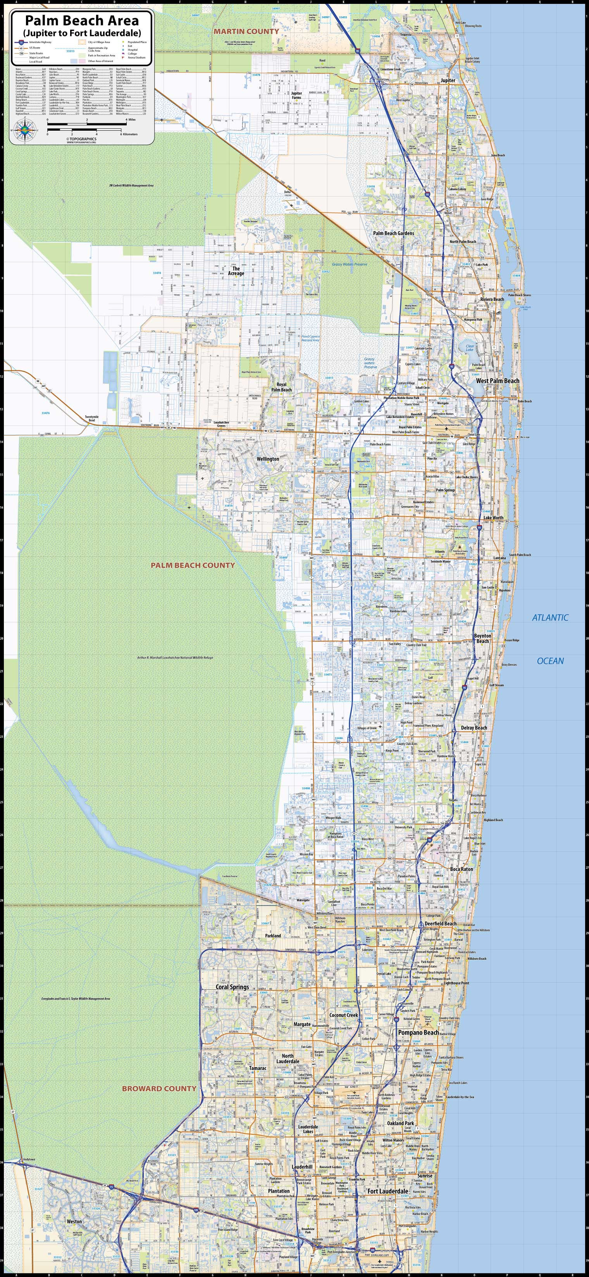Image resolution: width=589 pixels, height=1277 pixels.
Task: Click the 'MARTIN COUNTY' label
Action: (x=246, y=31)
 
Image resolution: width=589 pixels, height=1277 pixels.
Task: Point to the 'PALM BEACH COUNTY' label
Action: (x=193, y=565)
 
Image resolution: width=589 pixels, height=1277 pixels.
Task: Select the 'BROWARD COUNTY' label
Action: (x=159, y=1088)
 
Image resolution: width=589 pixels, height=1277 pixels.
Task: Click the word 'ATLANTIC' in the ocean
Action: (x=550, y=618)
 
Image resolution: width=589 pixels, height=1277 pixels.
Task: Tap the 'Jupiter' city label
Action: (x=448, y=80)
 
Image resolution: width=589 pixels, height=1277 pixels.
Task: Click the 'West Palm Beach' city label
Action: (x=497, y=381)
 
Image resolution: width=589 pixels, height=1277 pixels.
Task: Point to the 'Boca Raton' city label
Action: (x=461, y=869)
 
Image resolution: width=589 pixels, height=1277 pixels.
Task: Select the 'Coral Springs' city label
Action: (x=232, y=987)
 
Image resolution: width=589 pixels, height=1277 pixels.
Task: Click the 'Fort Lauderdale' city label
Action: (x=387, y=1191)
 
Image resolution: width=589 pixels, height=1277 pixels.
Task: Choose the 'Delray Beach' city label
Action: (x=474, y=728)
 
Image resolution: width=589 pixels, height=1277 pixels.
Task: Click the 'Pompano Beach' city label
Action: (x=418, y=1032)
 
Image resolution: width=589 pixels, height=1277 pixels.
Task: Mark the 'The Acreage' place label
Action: (x=236, y=271)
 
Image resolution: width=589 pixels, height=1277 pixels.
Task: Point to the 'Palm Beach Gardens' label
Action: (x=393, y=233)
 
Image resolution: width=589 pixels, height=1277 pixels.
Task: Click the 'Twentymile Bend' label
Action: (x=92, y=419)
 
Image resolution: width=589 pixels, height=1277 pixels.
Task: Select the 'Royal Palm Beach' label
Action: (x=281, y=387)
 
